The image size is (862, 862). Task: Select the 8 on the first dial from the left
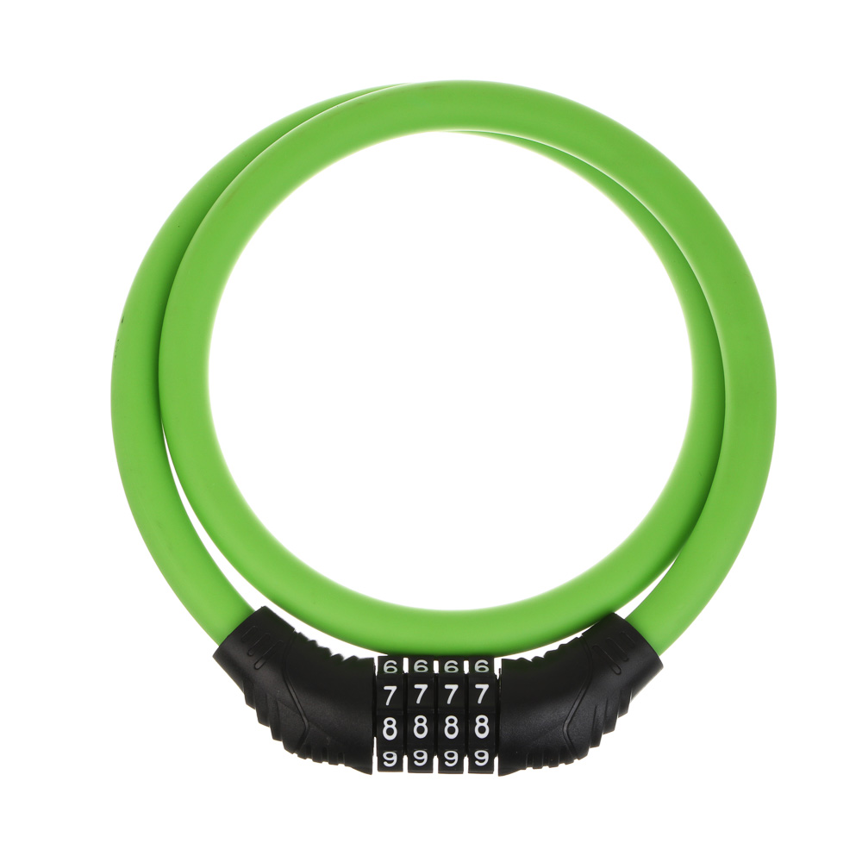pos(390,728)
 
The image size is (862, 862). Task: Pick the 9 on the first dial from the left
pos(390,759)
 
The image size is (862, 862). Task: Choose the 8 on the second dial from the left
pos(421,728)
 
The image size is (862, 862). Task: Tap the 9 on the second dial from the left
pos(421,759)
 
